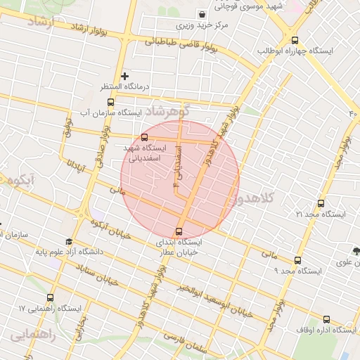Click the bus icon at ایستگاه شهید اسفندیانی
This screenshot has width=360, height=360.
click(x=144, y=138)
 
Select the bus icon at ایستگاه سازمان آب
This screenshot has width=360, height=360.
click(x=110, y=102)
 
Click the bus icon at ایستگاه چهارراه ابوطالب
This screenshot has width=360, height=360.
click(x=294, y=41)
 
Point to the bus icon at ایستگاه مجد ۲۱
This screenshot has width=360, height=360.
click(x=321, y=203)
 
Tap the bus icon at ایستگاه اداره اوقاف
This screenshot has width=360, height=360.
click(x=326, y=319)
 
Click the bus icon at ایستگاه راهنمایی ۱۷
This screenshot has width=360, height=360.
click(x=51, y=298)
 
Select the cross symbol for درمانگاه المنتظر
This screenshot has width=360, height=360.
click(x=124, y=75)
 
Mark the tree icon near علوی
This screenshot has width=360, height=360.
click(x=357, y=251)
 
